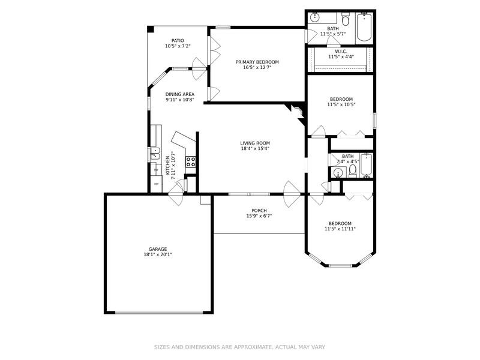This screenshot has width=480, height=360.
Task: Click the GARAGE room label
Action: tap(158, 249)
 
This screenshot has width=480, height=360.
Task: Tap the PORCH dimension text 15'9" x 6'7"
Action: tap(259, 216)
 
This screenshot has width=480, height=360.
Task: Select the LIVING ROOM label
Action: tap(254, 143)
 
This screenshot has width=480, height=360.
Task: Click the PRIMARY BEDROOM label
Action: tap(257, 62)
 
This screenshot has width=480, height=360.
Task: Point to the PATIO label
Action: tap(178, 40)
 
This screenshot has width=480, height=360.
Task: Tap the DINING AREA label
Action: tap(179, 94)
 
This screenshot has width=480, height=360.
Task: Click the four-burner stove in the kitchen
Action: tap(191, 161)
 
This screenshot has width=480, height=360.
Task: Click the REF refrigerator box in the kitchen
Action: tap(156, 184)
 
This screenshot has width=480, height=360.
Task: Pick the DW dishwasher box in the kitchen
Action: tap(155, 170)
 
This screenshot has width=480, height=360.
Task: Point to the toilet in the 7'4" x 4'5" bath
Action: tap(353, 172)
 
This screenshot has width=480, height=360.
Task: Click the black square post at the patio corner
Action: tap(151, 29)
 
